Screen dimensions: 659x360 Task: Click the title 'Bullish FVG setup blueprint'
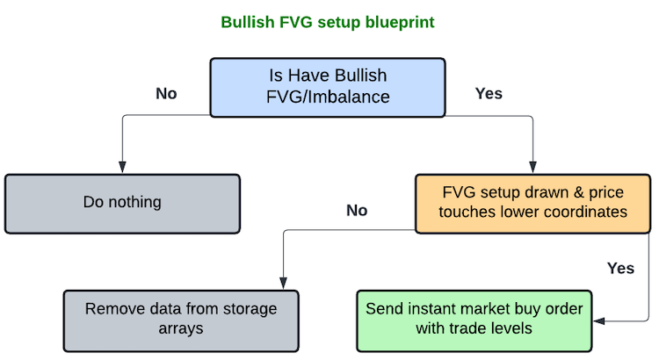(328, 22)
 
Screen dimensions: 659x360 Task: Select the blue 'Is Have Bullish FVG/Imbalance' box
(328, 88)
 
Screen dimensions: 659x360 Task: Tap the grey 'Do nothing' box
(122, 204)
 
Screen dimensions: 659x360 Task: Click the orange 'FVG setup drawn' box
(533, 204)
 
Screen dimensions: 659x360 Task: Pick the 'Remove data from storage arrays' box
(181, 321)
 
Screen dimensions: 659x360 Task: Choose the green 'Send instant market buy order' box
(474, 321)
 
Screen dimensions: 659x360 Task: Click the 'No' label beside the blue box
(166, 94)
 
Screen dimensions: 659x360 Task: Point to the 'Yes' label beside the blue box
(489, 94)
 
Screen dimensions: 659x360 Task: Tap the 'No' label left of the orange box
(357, 211)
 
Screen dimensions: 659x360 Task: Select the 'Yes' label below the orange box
(620, 269)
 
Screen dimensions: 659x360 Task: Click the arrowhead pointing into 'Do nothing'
(122, 167)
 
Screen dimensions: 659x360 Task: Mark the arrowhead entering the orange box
(533, 167)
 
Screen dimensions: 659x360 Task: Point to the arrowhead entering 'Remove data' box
(283, 283)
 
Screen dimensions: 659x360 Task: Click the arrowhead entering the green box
(599, 321)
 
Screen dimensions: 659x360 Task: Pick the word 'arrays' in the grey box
(181, 329)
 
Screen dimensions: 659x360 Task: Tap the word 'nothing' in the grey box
(135, 203)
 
